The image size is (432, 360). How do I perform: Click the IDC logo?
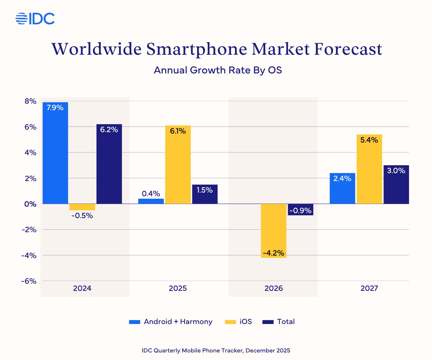(x=35, y=18)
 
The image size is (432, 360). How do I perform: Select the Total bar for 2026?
(x=301, y=210)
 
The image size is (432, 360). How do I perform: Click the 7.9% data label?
(x=55, y=107)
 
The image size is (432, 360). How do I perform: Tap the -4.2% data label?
(x=274, y=253)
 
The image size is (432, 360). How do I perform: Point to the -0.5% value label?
(x=82, y=216)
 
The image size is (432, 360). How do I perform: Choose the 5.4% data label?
(x=369, y=140)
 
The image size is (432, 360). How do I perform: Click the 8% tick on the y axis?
(x=30, y=101)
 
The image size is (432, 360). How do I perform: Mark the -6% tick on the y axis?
(x=29, y=281)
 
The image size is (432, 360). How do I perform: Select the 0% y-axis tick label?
(x=30, y=204)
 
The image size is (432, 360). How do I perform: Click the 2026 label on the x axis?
(x=273, y=289)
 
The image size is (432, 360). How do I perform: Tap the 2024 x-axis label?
(x=82, y=289)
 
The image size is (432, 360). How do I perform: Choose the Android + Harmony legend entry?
(x=171, y=322)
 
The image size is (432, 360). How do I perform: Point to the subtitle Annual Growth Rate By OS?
(x=217, y=70)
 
